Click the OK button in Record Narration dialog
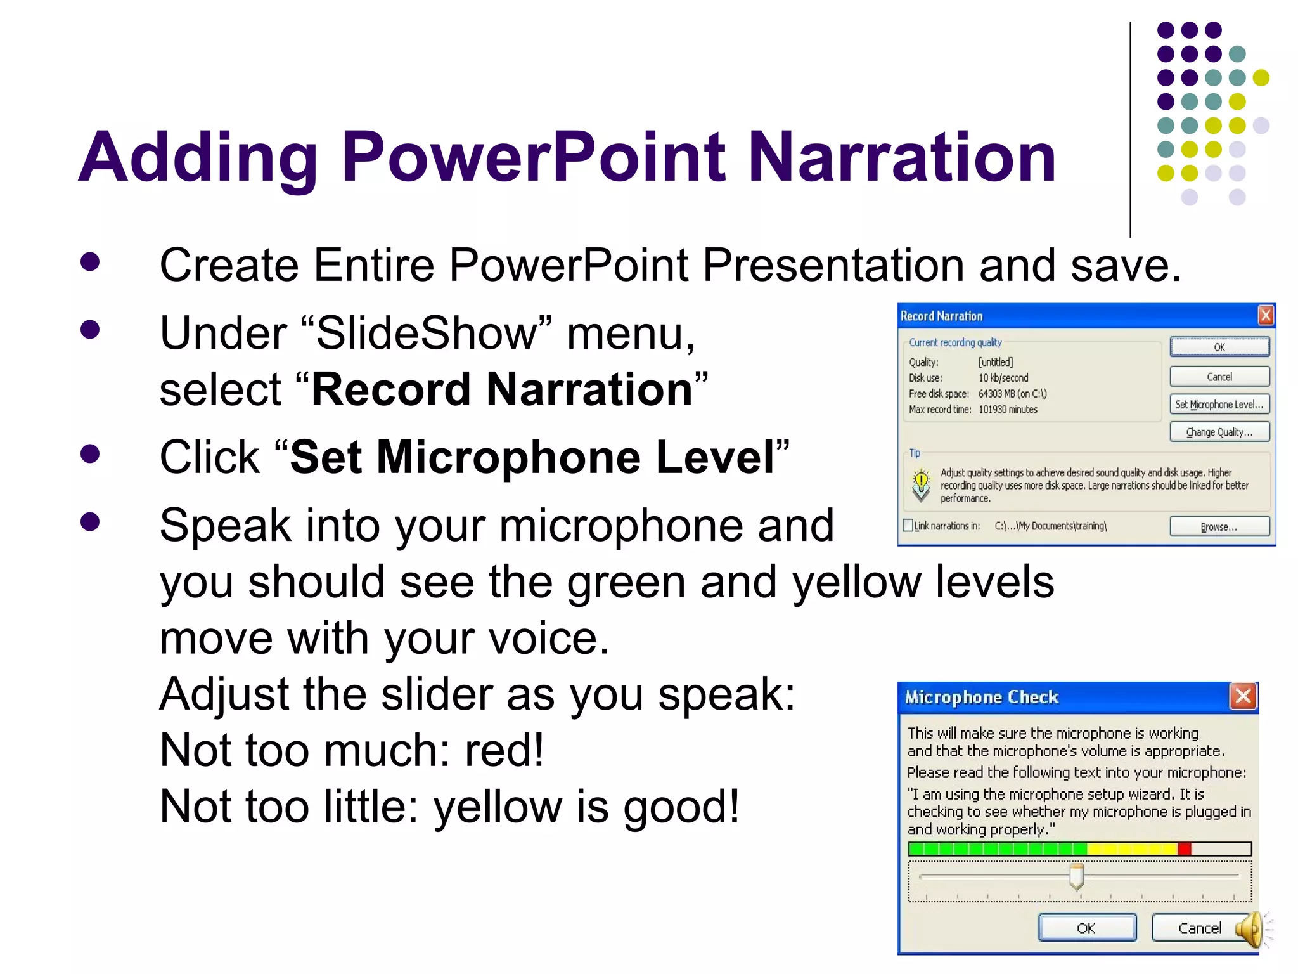(x=1219, y=347)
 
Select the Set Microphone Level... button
(x=1219, y=405)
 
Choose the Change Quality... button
(x=1219, y=432)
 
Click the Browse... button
(x=1219, y=527)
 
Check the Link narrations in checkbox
(x=908, y=526)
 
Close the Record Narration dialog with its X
(x=1265, y=315)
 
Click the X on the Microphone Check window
(x=1243, y=696)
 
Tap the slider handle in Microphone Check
(x=1076, y=876)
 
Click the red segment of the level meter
(x=1184, y=849)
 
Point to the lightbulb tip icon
(x=921, y=484)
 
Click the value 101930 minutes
(x=1008, y=410)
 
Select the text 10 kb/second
(x=1003, y=378)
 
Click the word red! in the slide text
(x=504, y=751)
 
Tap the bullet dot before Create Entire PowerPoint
(x=90, y=262)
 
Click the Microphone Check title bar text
(x=981, y=698)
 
